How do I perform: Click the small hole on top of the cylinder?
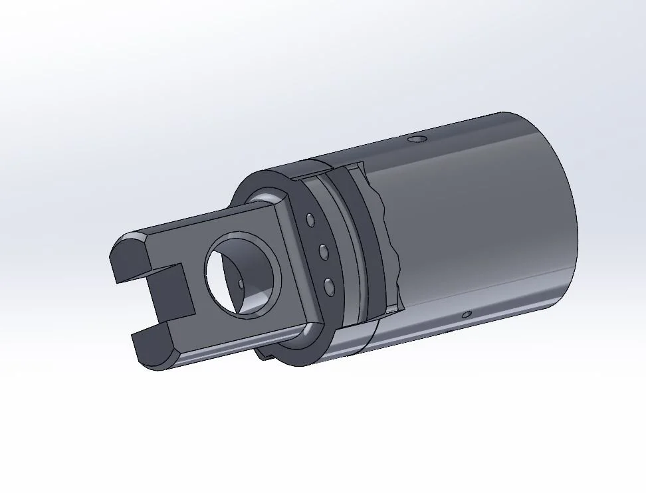coord(417,140)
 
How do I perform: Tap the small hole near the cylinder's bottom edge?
coord(467,314)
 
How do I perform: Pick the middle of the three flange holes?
coord(324,252)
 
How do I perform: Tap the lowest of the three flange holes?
coord(329,286)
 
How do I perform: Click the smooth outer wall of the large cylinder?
coord(479,219)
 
